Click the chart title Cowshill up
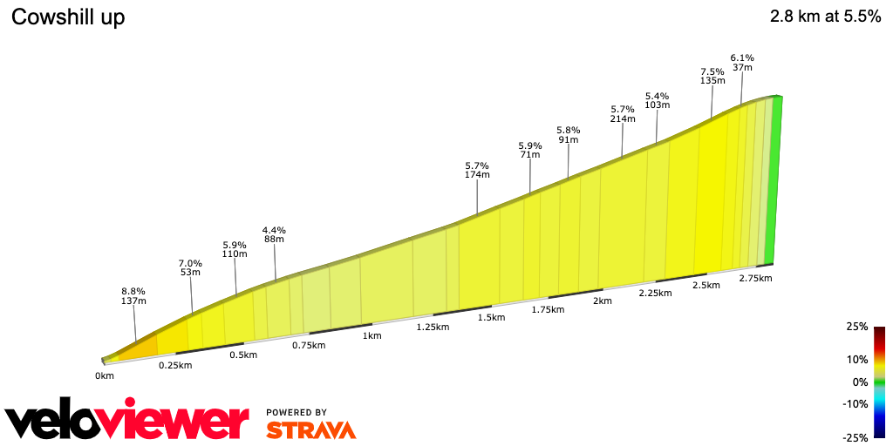68,17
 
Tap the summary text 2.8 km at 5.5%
825,17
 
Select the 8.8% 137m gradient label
133,296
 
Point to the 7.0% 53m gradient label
190,267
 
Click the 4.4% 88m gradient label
274,234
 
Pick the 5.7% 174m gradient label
477,170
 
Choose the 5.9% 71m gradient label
529,150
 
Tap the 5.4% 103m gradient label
657,100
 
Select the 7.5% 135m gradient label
712,76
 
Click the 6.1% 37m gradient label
742,62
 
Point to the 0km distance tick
105,376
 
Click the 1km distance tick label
372,336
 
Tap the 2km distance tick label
602,301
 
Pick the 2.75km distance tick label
755,279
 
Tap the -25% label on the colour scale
856,437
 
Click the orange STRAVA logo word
310,429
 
